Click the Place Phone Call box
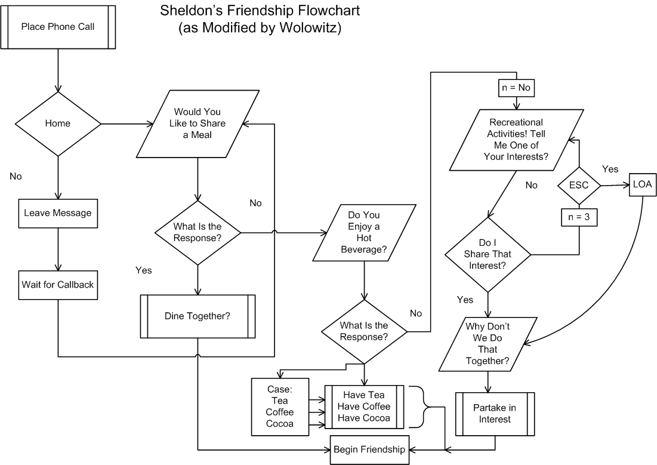[58, 26]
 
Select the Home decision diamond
[58, 124]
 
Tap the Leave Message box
[58, 213]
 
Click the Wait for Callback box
[58, 284]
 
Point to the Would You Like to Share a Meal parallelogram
[197, 124]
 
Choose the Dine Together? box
[198, 316]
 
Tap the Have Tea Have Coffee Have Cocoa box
[364, 406]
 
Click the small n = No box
[516, 88]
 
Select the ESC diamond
[579, 185]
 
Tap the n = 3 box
[579, 218]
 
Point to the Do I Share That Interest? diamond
[488, 254]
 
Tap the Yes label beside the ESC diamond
[610, 169]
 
